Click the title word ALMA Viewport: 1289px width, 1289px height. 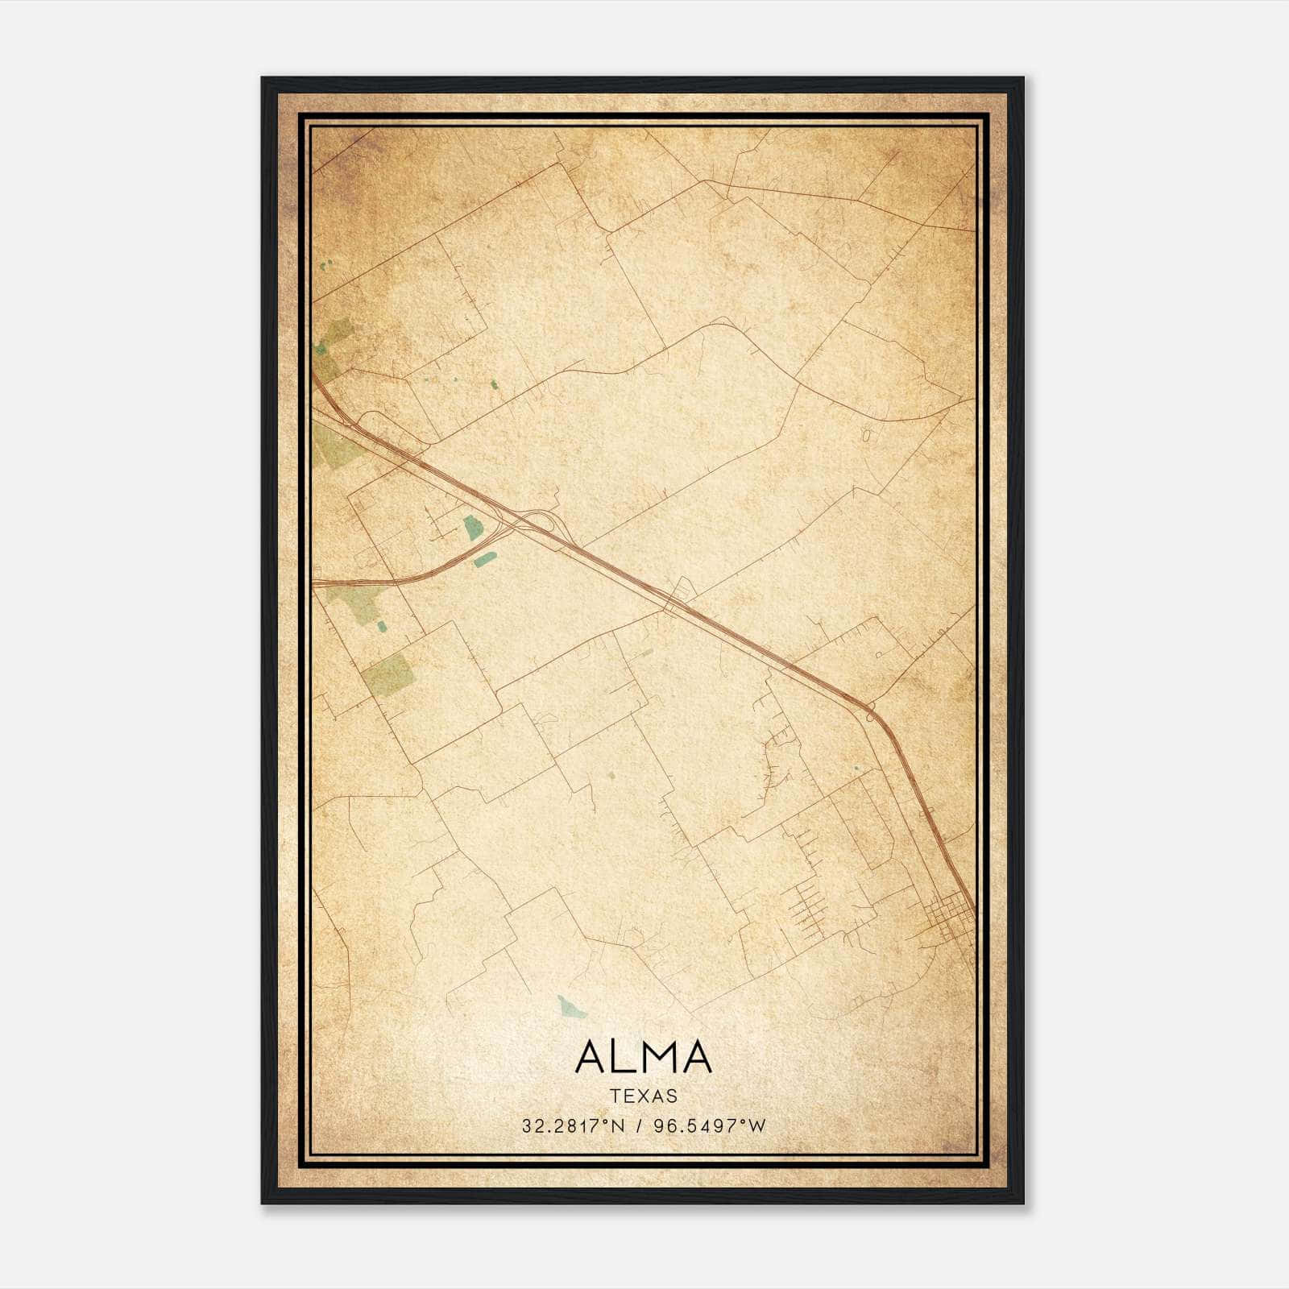pos(644,1056)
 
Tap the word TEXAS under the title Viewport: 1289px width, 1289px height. pos(644,1096)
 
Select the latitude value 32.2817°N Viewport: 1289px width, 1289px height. pos(574,1126)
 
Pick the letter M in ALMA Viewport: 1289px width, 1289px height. pos(654,1056)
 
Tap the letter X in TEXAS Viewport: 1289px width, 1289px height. pos(644,1096)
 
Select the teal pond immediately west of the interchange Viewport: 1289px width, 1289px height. pos(471,528)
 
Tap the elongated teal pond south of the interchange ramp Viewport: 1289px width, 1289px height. pos(483,559)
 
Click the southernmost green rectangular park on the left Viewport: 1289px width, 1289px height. pos(389,674)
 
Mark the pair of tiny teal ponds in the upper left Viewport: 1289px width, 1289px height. pos(324,266)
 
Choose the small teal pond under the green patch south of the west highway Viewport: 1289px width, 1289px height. pos(381,624)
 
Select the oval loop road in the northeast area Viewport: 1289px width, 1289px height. pos(866,436)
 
